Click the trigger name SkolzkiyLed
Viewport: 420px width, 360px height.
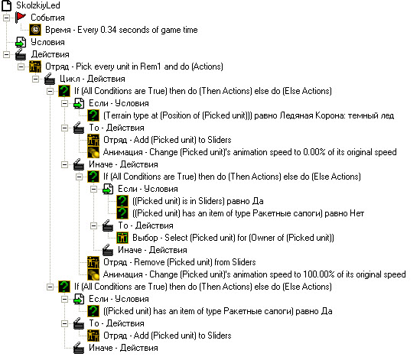coord(38,5)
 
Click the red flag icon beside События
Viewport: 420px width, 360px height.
coord(21,18)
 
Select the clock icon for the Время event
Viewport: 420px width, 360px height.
coord(35,30)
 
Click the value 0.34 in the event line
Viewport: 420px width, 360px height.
coord(108,30)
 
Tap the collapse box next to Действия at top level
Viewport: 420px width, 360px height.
coord(6,54)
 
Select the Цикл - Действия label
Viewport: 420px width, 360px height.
coord(93,79)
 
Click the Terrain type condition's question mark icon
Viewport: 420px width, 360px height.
coord(93,115)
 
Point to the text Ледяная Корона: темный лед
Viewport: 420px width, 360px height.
coord(337,115)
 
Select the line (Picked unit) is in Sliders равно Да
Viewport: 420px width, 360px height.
coord(197,201)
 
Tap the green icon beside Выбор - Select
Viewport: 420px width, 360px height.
coord(122,238)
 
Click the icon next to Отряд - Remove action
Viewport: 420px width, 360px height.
coord(93,262)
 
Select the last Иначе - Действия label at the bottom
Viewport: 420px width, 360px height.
coord(123,348)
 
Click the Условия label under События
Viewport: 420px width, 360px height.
coord(47,42)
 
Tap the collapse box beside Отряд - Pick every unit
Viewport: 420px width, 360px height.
coord(21,66)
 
